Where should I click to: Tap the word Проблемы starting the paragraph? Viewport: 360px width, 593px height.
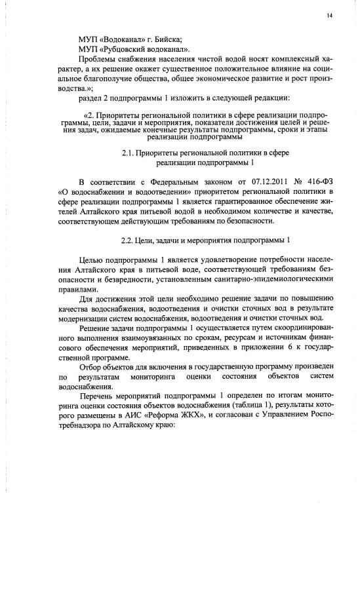(x=97, y=60)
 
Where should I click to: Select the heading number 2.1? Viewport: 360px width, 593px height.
(x=129, y=153)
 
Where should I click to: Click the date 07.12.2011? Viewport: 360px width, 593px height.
(x=235, y=182)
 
